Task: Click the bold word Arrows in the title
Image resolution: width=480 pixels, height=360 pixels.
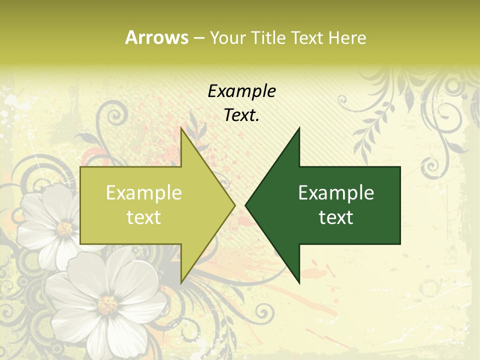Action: [156, 37]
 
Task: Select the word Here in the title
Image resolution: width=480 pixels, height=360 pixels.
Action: [347, 37]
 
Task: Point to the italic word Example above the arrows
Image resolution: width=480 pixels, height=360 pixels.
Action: [241, 91]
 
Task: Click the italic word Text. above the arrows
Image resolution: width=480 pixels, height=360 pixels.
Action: [241, 115]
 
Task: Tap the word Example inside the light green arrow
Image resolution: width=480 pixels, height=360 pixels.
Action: [144, 193]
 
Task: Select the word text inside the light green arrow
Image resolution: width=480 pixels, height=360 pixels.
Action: [144, 217]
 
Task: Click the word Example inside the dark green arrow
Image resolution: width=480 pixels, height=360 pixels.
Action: [336, 193]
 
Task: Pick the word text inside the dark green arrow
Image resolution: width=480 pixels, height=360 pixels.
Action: [336, 217]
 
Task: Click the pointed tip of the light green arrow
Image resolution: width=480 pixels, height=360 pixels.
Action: [235, 205]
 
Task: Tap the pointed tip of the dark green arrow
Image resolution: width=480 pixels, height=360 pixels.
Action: [245, 205]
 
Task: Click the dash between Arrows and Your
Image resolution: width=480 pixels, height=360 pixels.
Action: [198, 38]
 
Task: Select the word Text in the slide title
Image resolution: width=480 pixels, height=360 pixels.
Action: [307, 37]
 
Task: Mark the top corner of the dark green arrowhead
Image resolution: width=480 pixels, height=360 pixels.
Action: [299, 128]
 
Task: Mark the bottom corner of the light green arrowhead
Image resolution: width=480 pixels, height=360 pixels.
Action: [181, 282]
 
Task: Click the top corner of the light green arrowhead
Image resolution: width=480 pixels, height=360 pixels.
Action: [181, 128]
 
